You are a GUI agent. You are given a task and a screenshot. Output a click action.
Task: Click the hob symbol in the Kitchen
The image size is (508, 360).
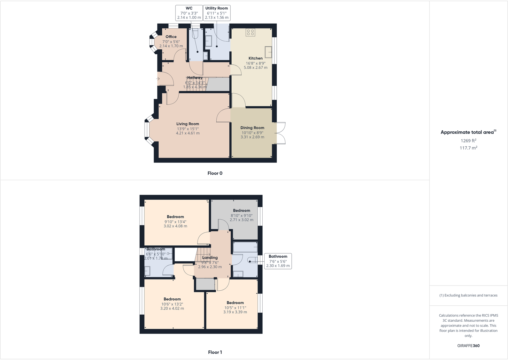point(250,32)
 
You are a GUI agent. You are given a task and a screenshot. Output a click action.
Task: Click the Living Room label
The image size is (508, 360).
point(188,124)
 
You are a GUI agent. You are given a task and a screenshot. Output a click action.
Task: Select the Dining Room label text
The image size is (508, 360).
point(252,128)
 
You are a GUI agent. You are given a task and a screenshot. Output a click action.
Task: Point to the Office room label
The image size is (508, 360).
point(171,37)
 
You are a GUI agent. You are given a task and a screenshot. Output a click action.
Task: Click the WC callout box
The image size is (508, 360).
point(189,13)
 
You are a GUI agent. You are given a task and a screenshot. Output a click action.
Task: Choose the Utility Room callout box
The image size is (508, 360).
point(217,13)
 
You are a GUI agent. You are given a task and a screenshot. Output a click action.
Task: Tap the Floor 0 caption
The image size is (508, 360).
point(215,173)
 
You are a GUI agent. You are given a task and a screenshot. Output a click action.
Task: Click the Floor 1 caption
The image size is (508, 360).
point(215,352)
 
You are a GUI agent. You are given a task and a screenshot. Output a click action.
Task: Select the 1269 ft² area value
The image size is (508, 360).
point(468,141)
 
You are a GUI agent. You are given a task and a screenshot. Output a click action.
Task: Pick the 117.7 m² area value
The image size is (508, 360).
point(468,148)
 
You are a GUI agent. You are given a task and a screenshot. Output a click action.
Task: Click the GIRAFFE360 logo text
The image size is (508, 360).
point(468,346)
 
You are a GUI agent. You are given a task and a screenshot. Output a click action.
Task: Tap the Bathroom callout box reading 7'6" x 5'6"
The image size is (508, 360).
point(278,261)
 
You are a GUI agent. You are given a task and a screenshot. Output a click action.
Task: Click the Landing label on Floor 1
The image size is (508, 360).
point(210,257)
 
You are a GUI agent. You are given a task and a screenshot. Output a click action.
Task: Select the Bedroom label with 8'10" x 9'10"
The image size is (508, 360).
point(242,211)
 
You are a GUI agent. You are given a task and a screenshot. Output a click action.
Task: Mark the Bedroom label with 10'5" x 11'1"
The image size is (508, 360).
point(235,303)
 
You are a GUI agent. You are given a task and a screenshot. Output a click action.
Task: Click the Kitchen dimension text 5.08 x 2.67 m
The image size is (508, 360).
point(256,68)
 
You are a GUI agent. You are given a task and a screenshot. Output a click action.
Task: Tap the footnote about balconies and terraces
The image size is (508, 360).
point(468,295)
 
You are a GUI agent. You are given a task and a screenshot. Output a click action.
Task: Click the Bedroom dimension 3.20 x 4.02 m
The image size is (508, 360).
point(172,309)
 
